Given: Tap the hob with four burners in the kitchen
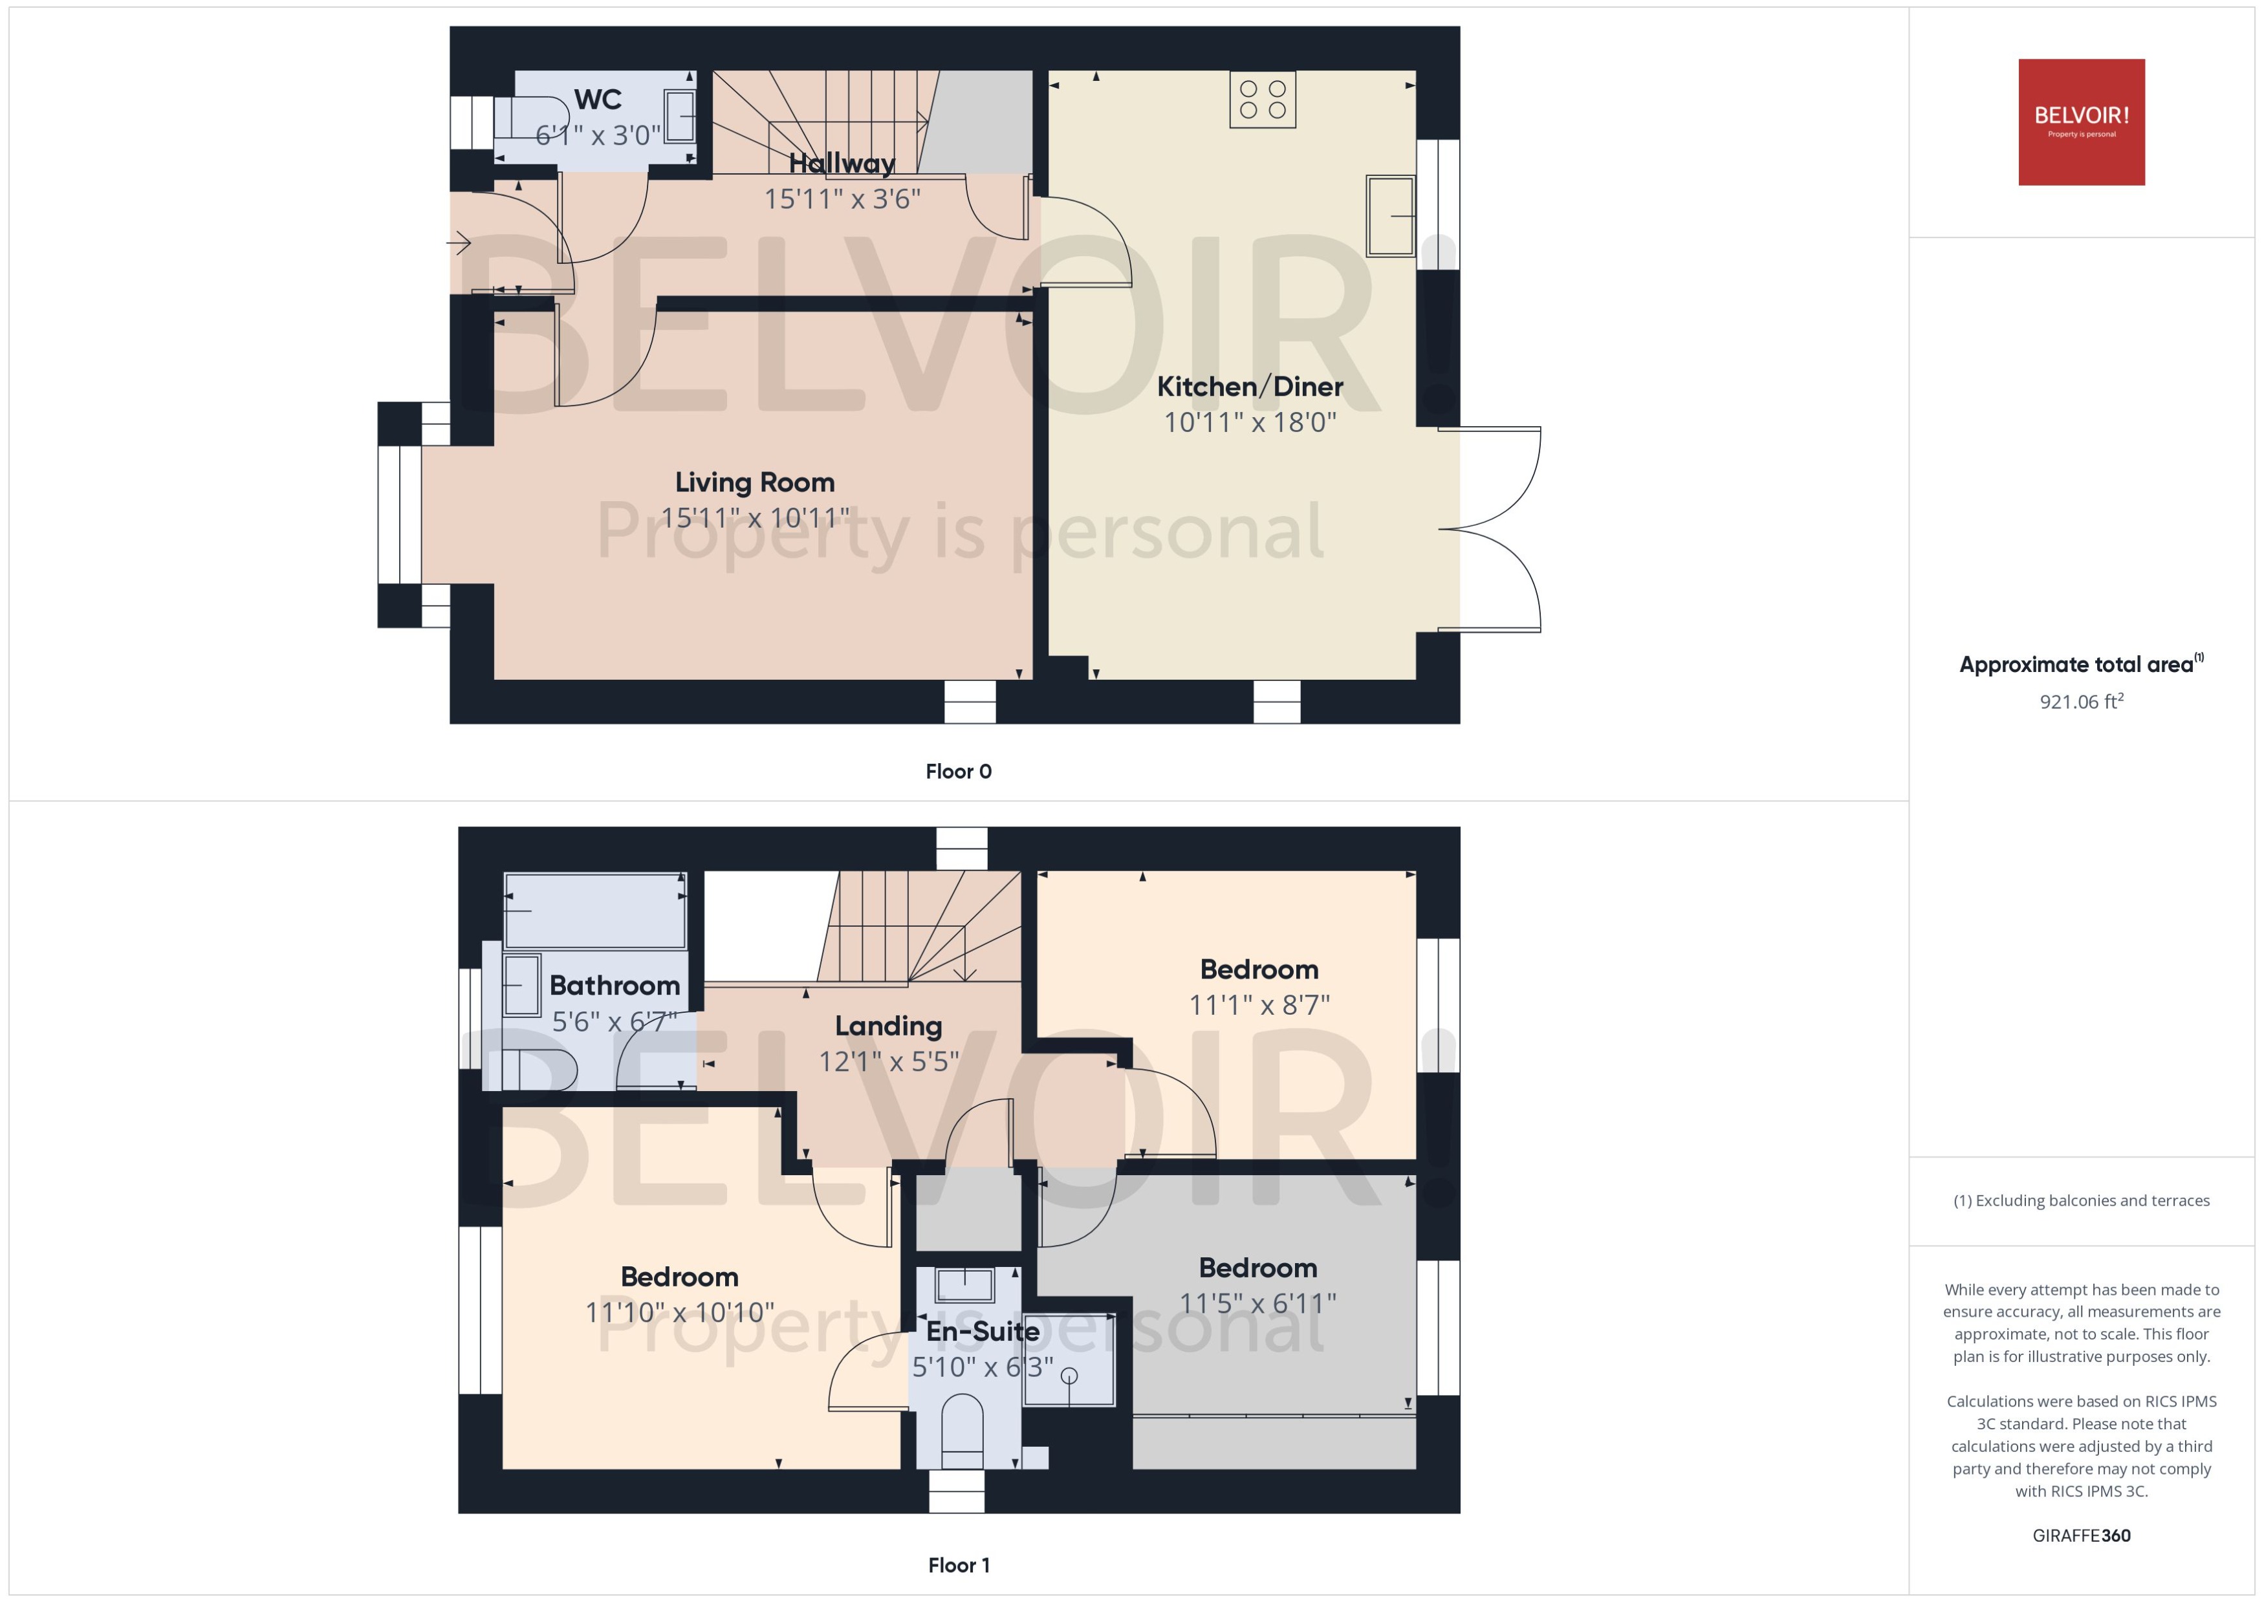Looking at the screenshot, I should tap(1262, 99).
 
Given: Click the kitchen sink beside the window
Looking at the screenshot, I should tap(1390, 215).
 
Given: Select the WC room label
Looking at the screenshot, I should tap(597, 100).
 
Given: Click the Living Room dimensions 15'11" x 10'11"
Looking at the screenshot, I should tap(755, 518).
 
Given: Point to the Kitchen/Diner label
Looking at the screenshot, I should tap(1249, 387).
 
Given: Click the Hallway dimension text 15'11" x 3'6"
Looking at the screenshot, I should tap(842, 199).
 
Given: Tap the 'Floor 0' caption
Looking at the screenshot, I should tap(958, 772).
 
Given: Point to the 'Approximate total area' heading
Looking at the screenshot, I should tap(2076, 665).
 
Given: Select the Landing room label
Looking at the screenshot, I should tap(888, 1026).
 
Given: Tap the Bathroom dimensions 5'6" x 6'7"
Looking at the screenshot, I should tap(614, 1022).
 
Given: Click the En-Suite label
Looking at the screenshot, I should tap(983, 1331).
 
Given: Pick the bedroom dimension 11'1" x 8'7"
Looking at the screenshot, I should tap(1259, 1005).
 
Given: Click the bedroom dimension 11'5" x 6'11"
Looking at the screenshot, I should tap(1257, 1303).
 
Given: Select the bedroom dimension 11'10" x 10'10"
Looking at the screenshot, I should tap(680, 1313).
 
